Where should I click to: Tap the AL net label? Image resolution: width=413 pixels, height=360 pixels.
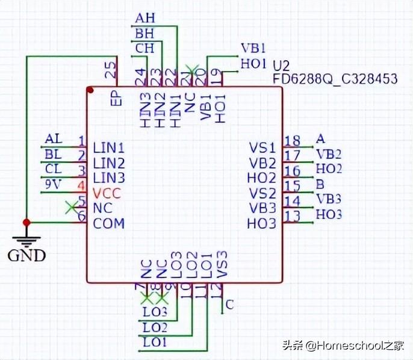click(54, 139)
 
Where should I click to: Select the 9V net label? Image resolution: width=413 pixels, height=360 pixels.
click(54, 184)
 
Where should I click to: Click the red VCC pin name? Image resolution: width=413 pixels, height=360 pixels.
click(107, 193)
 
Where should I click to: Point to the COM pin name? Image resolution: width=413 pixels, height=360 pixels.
click(109, 223)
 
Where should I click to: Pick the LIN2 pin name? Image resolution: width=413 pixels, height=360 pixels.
click(109, 163)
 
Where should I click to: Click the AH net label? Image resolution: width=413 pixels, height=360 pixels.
click(145, 18)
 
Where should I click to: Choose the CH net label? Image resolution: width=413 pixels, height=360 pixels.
click(144, 48)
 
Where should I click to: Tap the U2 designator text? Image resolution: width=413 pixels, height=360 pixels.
click(281, 65)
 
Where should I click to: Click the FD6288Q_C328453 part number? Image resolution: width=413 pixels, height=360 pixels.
click(335, 79)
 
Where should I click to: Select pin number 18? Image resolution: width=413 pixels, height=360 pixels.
click(293, 141)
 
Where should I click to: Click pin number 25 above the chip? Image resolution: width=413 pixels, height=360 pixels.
click(111, 72)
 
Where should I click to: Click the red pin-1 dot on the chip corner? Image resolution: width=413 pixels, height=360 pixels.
click(90, 90)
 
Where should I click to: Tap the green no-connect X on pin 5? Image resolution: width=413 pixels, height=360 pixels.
click(71, 207)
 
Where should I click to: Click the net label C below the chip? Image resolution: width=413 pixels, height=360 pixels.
click(229, 305)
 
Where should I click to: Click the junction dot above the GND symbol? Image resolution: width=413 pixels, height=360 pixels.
click(26, 219)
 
